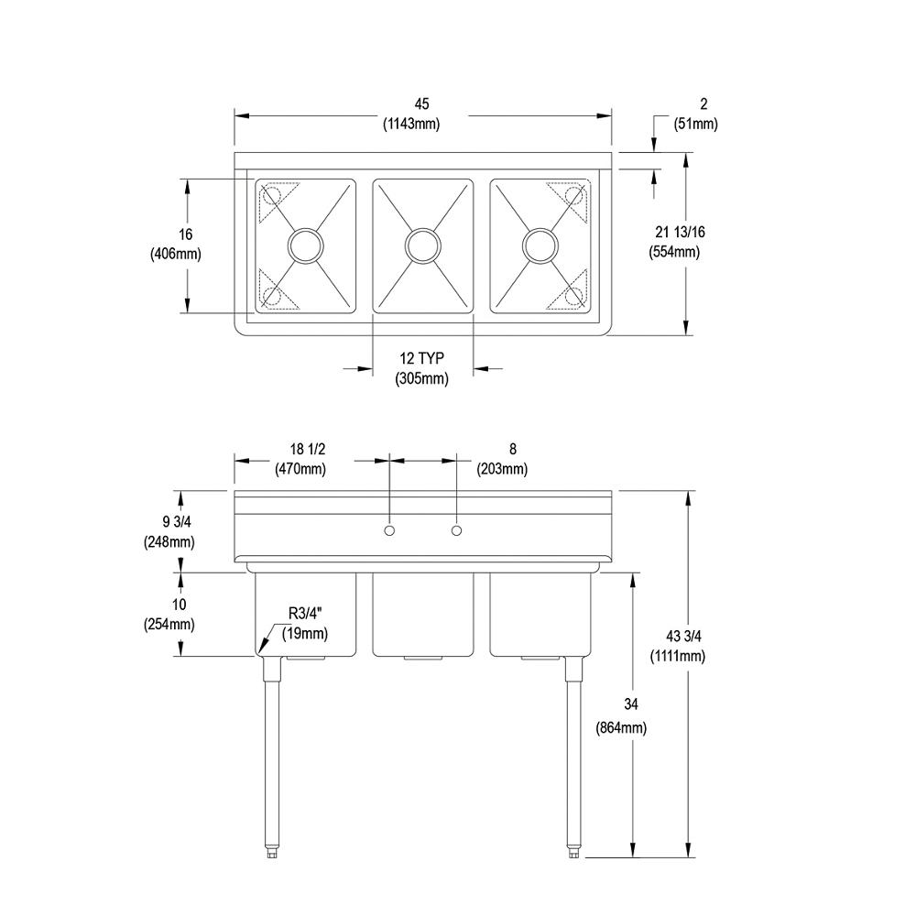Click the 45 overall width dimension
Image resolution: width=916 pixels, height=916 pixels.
[421, 104]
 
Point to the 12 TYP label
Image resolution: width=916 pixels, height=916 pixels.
[422, 358]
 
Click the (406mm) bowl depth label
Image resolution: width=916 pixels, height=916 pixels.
[175, 253]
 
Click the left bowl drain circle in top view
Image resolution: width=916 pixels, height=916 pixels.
[304, 245]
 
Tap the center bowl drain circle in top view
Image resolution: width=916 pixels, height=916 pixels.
[422, 245]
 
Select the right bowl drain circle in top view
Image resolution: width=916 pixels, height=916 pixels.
[540, 245]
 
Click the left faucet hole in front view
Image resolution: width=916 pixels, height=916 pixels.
[389, 530]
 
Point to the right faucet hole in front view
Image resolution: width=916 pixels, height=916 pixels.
[457, 530]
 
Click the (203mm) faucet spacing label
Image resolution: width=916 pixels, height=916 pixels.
[501, 469]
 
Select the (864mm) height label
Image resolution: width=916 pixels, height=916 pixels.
[620, 728]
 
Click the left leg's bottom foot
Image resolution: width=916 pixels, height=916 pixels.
[272, 852]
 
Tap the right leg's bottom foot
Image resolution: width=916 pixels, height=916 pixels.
[573, 852]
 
